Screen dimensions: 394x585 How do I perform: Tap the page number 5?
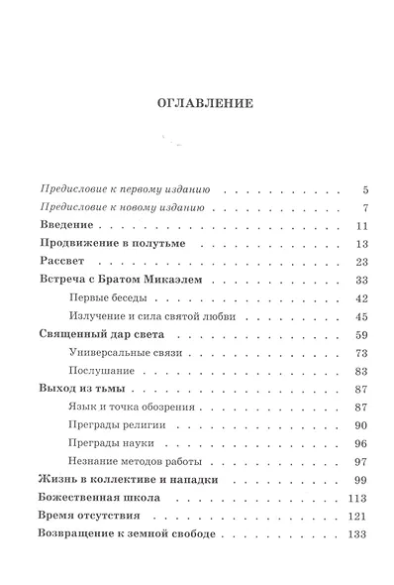(x=365, y=188)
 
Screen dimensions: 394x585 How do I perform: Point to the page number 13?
(x=361, y=243)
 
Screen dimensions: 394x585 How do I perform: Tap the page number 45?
(x=361, y=316)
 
